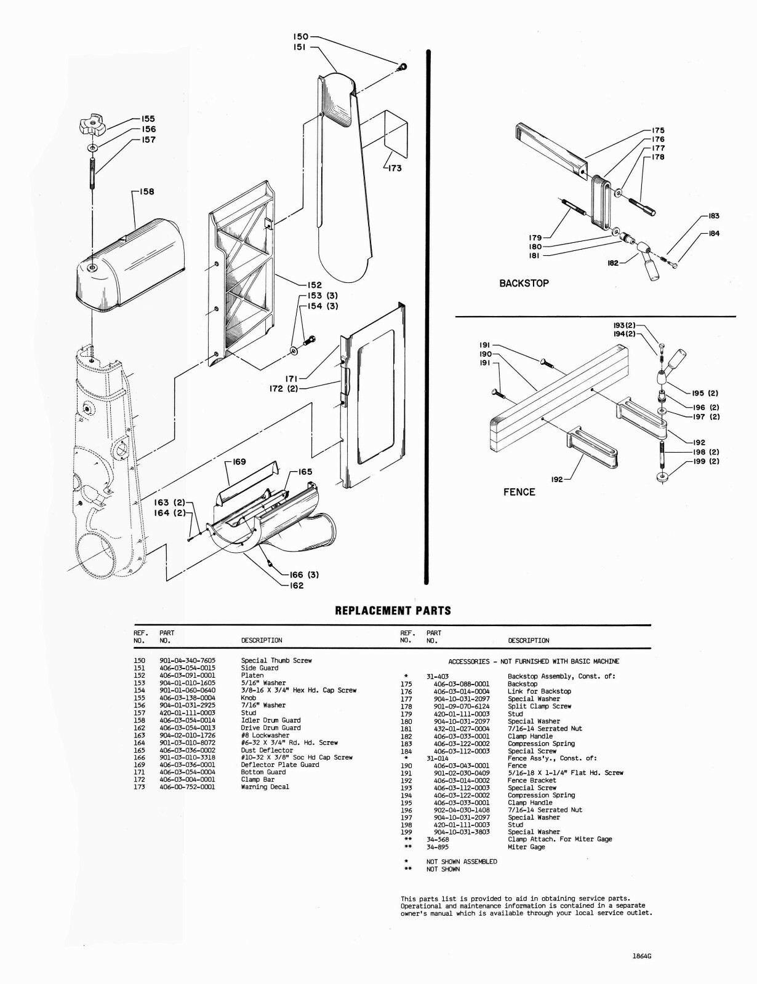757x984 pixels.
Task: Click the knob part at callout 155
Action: tap(90, 127)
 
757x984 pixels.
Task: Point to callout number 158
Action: tap(146, 191)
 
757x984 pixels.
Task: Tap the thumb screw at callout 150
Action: tap(401, 66)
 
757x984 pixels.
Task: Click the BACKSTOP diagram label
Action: tap(524, 284)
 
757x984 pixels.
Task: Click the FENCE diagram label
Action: tap(519, 492)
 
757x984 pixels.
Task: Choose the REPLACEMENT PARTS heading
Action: tap(393, 611)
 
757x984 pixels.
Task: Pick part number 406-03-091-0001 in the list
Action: tap(187, 675)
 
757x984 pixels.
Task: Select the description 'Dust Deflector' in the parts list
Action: tap(267, 750)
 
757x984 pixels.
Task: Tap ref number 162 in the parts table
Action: tap(139, 728)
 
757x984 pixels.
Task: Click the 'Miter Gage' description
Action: tap(526, 847)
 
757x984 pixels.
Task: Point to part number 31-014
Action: tap(438, 758)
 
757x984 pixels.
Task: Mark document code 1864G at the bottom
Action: tap(641, 956)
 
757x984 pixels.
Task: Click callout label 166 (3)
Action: tap(304, 575)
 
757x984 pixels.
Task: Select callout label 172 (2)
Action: tap(283, 389)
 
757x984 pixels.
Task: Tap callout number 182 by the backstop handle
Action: tap(613, 263)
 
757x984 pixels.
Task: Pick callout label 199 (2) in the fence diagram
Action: tap(706, 461)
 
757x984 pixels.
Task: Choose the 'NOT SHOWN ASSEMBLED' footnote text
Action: tap(462, 862)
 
